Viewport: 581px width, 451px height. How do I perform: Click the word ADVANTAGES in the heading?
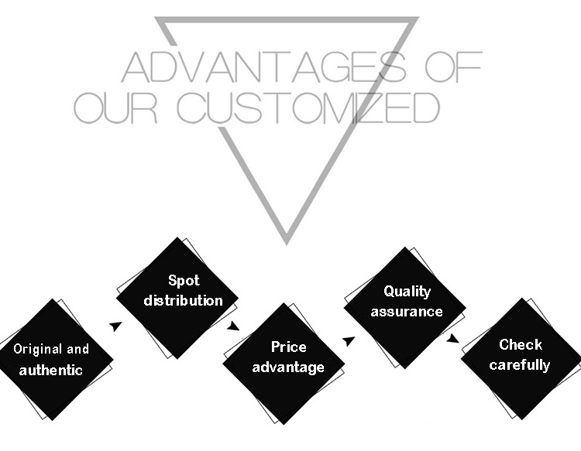tap(263, 67)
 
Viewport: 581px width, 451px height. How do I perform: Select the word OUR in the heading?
tap(116, 108)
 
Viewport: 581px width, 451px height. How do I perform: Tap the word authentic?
tap(50, 370)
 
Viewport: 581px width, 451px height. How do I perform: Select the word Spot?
tap(184, 280)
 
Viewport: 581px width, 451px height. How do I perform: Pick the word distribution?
tap(184, 300)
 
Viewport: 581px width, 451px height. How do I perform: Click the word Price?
tap(288, 347)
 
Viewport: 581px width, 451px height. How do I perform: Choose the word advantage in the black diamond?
tap(288, 367)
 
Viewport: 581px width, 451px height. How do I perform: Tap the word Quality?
tap(407, 292)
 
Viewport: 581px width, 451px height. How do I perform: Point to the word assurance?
tap(407, 312)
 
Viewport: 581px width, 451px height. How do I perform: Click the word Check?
tap(520, 344)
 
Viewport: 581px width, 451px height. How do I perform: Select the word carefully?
tap(520, 364)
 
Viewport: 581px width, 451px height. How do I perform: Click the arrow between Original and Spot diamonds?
tap(115, 326)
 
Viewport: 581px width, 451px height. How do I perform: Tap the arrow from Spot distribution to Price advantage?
tap(232, 326)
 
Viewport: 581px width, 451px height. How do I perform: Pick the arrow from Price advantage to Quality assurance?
tap(349, 340)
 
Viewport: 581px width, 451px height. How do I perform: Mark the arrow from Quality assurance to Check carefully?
tap(452, 338)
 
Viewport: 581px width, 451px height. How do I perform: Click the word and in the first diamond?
tap(77, 349)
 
